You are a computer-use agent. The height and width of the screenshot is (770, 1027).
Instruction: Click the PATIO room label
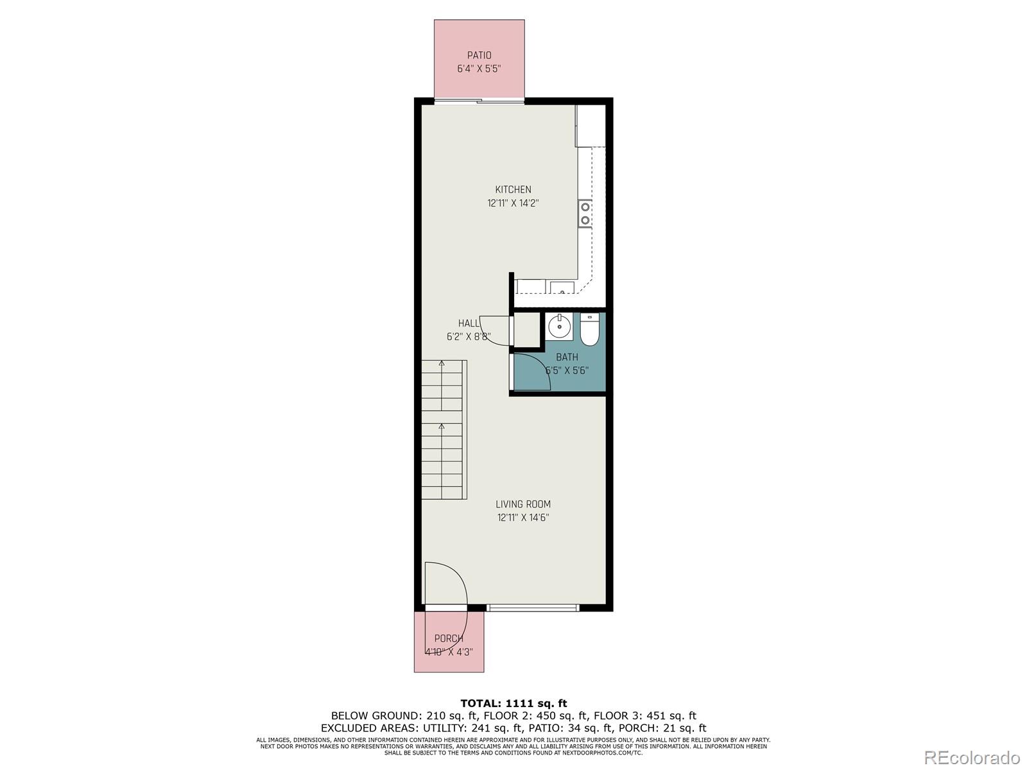479,56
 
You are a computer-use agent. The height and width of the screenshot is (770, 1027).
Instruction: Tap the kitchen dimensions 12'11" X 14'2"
513,203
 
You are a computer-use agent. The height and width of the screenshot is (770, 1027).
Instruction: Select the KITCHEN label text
513,189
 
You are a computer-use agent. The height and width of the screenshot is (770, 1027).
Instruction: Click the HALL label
469,323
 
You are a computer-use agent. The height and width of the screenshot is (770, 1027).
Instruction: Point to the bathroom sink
559,327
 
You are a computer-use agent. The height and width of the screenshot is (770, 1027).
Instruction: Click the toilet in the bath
589,329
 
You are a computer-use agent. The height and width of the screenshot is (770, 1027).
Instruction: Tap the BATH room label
567,357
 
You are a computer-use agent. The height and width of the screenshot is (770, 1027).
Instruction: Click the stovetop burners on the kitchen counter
585,214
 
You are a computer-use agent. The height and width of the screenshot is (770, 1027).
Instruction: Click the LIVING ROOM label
523,504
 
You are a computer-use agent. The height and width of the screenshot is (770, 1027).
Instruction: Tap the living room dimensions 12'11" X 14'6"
523,518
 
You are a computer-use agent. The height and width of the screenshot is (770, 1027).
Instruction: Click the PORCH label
449,638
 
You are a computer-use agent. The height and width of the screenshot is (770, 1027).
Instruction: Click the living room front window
533,607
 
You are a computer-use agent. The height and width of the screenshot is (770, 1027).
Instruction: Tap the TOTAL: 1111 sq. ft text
513,703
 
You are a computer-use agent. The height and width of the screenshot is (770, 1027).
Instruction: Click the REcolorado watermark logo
973,757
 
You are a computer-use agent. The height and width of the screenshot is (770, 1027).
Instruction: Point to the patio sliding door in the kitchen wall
479,100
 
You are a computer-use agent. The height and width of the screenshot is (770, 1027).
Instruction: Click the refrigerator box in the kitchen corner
591,126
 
